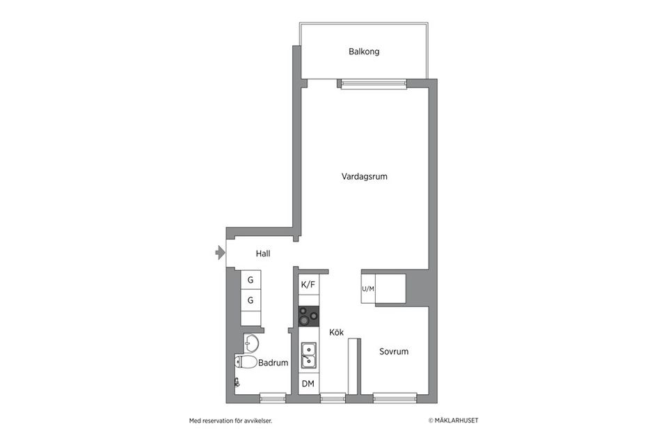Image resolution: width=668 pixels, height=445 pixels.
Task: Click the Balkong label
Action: pyautogui.click(x=364, y=52)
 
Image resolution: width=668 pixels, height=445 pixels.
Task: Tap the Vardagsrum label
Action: pyautogui.click(x=364, y=177)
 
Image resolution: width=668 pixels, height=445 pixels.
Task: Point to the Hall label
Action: pyautogui.click(x=263, y=254)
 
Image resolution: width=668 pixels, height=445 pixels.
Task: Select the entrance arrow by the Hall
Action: pyautogui.click(x=221, y=253)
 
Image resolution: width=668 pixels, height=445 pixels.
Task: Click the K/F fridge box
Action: pyautogui.click(x=308, y=284)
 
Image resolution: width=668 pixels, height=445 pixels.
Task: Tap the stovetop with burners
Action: pyautogui.click(x=308, y=317)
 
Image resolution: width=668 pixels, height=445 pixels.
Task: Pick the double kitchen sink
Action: pyautogui.click(x=308, y=355)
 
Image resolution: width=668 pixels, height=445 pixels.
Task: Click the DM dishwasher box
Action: pyautogui.click(x=308, y=384)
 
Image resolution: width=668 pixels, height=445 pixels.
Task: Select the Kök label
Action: pyautogui.click(x=337, y=333)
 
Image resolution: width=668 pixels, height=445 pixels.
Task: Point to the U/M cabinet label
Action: pyautogui.click(x=368, y=288)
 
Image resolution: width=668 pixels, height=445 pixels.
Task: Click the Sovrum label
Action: pyautogui.click(x=394, y=352)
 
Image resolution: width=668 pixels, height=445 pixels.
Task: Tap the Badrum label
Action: pyautogui.click(x=273, y=363)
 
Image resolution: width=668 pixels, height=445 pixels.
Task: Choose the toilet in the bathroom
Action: pyautogui.click(x=246, y=362)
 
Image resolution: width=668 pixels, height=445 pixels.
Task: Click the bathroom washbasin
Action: pyautogui.click(x=250, y=343)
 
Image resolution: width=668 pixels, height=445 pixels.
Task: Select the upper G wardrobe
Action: pyautogui.click(x=250, y=280)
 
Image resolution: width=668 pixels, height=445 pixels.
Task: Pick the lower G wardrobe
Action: pyautogui.click(x=250, y=300)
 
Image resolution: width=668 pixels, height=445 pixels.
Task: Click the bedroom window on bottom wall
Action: pyautogui.click(x=395, y=398)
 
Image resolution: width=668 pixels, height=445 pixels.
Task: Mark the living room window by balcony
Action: pyautogui.click(x=372, y=84)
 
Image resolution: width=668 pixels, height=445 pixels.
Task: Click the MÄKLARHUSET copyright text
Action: pyautogui.click(x=453, y=421)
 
